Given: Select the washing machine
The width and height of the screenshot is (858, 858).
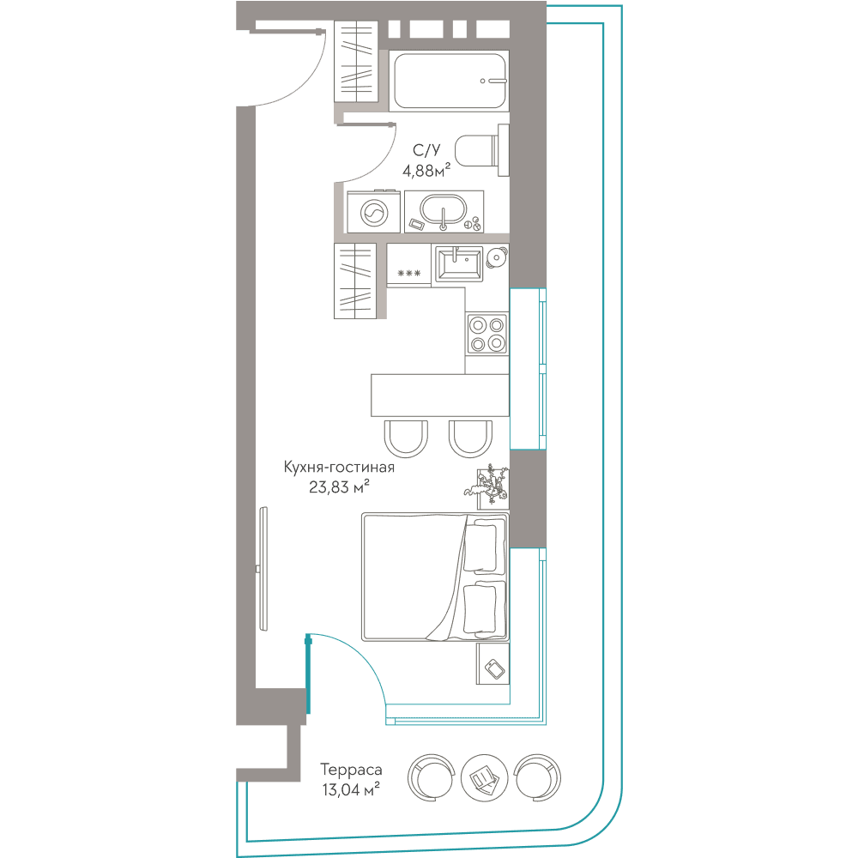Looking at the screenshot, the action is click(374, 212).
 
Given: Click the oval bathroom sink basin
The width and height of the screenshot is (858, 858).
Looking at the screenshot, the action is click(444, 209).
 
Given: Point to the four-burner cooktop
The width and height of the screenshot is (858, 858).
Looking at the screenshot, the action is click(487, 335).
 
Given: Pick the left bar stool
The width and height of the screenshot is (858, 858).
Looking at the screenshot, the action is click(406, 438).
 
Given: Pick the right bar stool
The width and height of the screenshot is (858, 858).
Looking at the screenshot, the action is click(470, 438).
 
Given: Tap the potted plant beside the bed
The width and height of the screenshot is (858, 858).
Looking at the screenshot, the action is click(489, 484).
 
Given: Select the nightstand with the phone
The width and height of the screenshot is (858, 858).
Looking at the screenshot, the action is click(493, 664).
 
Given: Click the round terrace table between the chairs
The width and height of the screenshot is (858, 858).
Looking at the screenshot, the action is click(484, 777).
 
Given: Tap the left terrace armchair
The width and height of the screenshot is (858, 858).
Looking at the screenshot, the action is click(432, 777).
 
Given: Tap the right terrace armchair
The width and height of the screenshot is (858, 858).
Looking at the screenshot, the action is click(538, 777).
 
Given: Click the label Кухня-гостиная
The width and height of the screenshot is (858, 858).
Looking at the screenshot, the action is click(339, 468).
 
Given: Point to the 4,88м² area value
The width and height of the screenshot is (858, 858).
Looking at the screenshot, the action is click(426, 170).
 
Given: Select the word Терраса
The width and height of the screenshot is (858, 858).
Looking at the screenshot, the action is click(351, 770).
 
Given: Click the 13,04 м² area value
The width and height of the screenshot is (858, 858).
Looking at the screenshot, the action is click(351, 789).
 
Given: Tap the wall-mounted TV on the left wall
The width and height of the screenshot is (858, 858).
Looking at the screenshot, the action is click(263, 569).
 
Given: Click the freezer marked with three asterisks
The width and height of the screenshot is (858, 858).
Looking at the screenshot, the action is click(409, 265).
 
